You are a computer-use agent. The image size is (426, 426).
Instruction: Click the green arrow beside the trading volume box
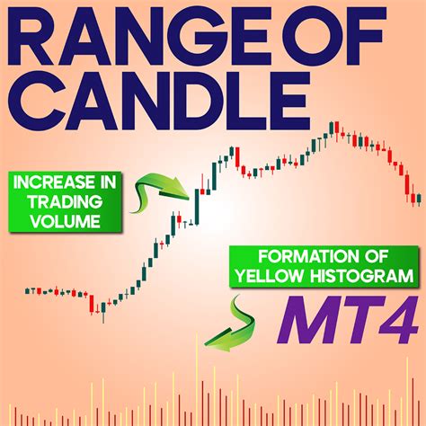coord(160,186)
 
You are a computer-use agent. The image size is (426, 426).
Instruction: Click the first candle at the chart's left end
coord(26,290)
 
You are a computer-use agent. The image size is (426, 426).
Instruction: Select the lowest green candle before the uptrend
coord(103,310)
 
